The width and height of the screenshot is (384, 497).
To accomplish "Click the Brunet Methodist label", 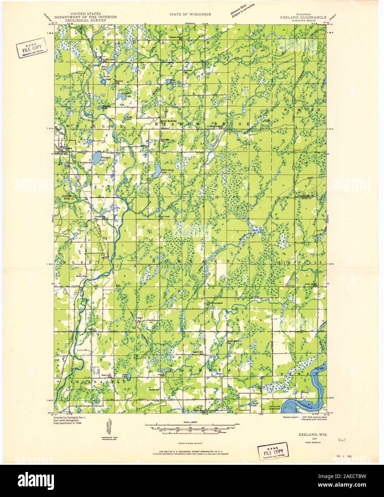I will pos(169,121).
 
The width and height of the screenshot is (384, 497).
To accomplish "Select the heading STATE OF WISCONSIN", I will pos(190,14).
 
